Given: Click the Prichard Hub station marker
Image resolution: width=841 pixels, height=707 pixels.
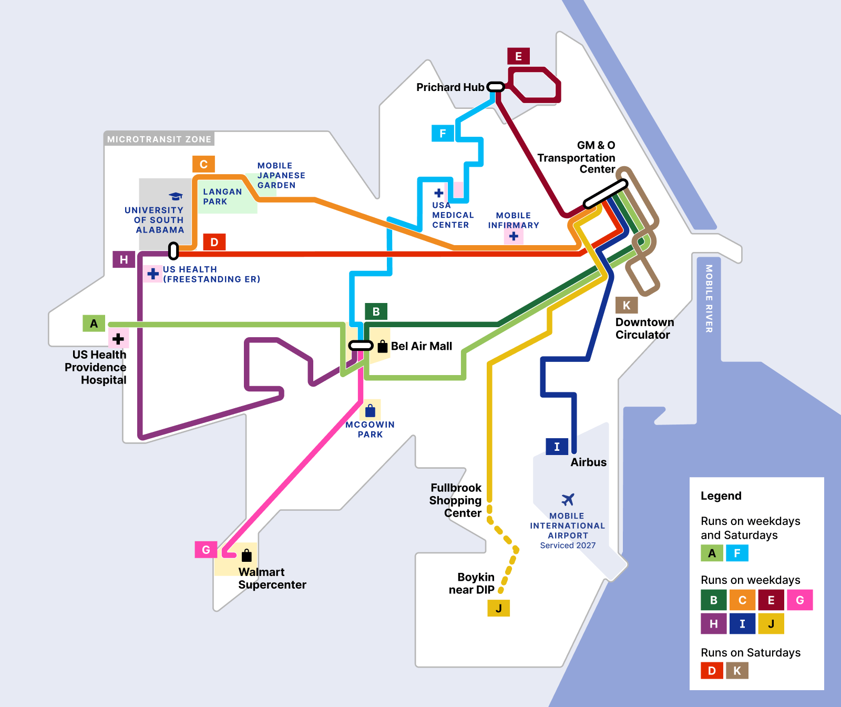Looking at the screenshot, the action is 496,87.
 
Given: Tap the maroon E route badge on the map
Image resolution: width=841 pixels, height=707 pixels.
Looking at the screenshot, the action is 518,56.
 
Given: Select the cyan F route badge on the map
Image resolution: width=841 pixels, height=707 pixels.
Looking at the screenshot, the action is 443,133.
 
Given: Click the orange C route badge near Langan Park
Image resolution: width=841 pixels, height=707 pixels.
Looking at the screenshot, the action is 203,164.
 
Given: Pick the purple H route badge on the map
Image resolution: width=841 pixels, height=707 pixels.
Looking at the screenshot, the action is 124,259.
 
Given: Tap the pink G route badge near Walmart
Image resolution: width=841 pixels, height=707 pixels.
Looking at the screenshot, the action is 206,550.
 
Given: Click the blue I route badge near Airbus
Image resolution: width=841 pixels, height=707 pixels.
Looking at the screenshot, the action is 557,447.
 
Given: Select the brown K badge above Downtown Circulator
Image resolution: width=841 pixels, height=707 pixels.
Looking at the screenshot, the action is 627,305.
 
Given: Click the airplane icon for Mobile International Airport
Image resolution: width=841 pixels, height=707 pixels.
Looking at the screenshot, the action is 568,499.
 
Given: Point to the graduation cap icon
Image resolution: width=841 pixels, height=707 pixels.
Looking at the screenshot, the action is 176,196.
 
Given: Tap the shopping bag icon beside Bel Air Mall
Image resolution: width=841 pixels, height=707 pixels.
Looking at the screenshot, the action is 383,346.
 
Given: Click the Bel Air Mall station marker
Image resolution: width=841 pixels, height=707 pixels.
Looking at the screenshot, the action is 361,346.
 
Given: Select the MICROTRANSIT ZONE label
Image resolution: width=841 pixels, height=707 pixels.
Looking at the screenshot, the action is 159,139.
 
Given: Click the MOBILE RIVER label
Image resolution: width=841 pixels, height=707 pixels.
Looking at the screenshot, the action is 709,298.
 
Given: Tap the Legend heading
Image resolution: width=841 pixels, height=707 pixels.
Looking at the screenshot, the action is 721,496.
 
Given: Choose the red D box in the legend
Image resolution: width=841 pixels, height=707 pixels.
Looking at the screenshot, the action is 712,671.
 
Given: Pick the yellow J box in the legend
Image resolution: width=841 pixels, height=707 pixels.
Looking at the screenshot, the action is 771,624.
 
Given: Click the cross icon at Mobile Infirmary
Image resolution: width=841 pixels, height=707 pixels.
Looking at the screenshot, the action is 514,236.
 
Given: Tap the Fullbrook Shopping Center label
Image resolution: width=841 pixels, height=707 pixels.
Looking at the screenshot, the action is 456,500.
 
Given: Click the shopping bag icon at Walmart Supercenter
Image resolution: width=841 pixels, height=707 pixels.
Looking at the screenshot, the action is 247,555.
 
